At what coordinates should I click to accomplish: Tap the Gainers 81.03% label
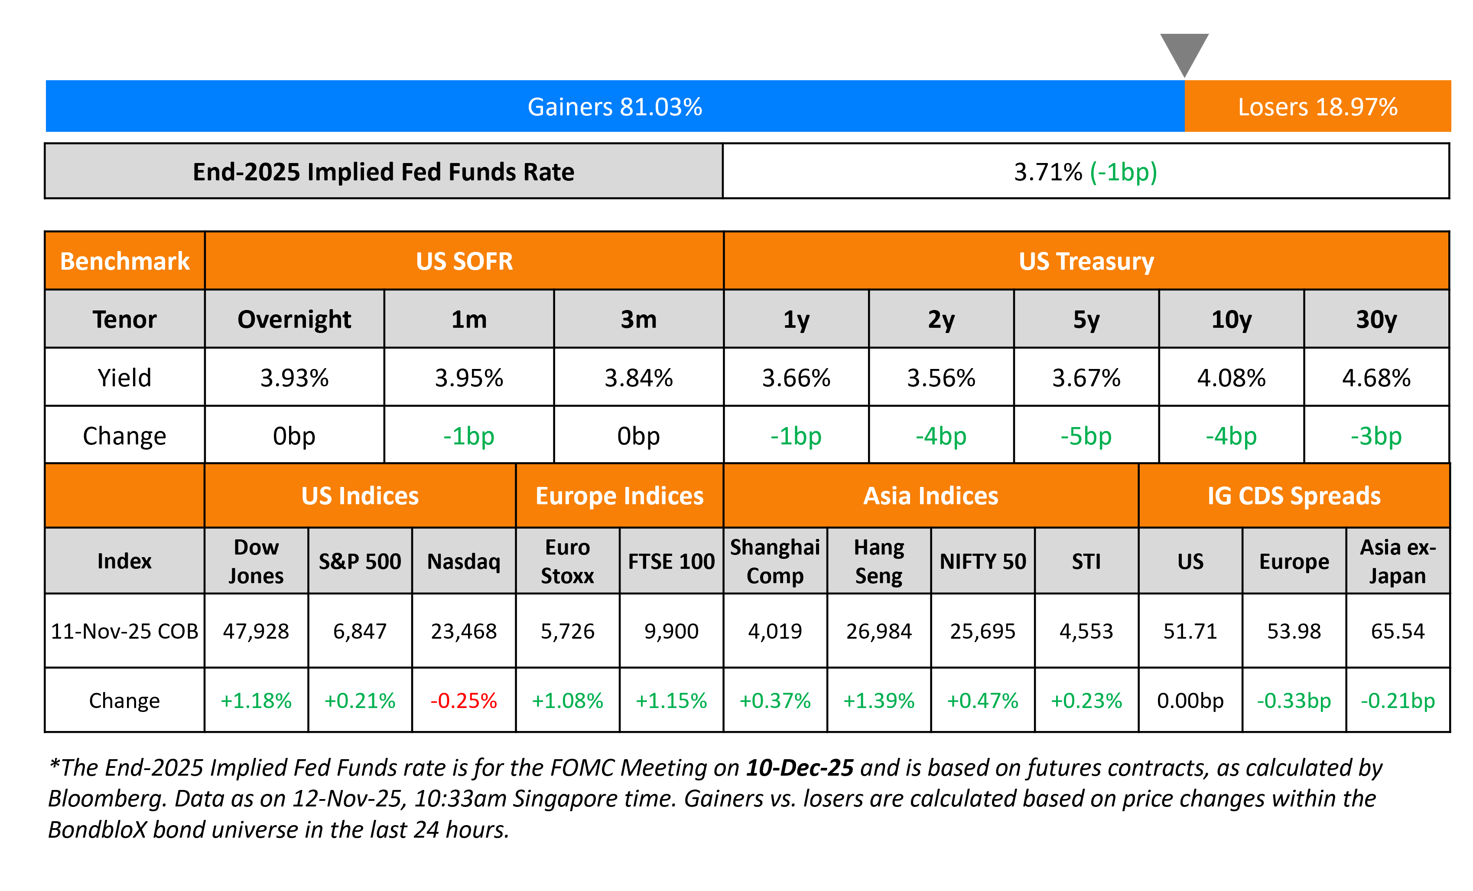point(615,107)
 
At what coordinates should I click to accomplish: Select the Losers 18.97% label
point(1317,107)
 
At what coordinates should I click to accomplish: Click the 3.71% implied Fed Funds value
point(1048,172)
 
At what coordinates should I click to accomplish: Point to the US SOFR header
point(465,261)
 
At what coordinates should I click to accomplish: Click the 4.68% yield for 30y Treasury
point(1376,378)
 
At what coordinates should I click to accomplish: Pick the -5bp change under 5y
point(1086,436)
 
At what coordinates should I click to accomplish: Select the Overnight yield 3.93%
point(294,378)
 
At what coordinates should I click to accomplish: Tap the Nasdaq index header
point(464,561)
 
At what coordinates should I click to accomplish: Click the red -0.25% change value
point(464,700)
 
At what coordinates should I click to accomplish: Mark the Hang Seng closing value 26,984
point(879,631)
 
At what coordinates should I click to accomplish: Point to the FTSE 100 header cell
point(671,561)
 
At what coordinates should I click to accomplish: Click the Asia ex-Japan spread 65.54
point(1398,631)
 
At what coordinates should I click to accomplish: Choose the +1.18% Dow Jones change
point(256,700)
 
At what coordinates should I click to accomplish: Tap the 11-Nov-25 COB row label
point(124,631)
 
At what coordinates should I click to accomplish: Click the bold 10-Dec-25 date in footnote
point(800,768)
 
